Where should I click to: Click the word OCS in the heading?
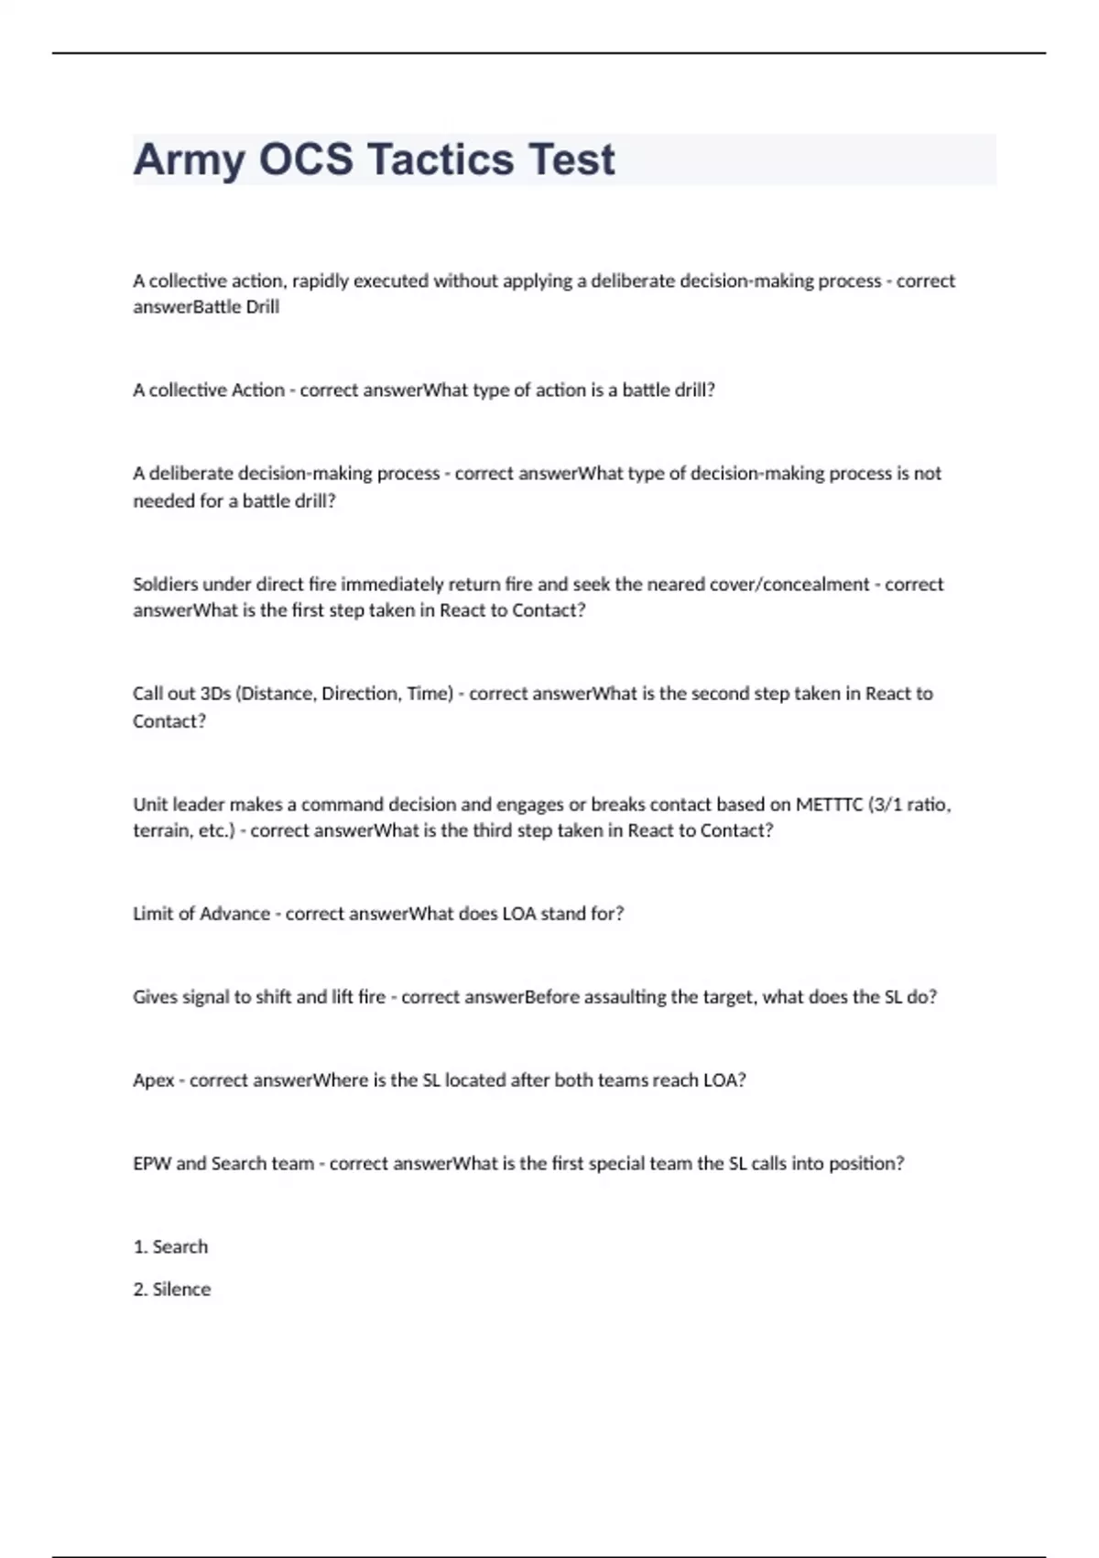tap(306, 159)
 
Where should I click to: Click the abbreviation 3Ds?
tap(215, 694)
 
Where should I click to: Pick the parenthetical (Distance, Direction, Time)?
tap(344, 694)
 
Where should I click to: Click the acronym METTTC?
tap(829, 805)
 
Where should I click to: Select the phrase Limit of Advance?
tap(201, 914)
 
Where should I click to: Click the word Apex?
tap(153, 1081)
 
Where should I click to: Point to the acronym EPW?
tap(151, 1164)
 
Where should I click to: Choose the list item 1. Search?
tap(170, 1247)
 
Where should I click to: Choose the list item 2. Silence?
tap(172, 1289)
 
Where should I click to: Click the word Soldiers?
tap(165, 584)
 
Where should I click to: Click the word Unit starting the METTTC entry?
tap(150, 805)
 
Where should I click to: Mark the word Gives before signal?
tap(155, 997)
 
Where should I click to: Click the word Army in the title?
tap(189, 159)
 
